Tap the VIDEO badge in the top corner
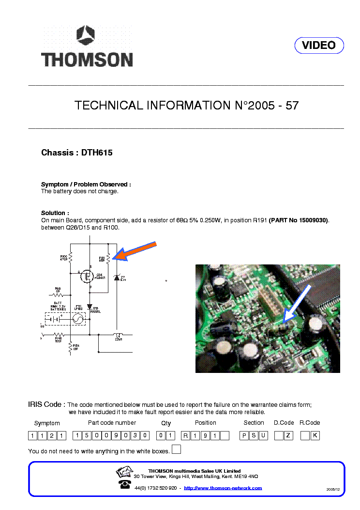point(319,46)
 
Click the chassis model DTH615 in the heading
point(97,153)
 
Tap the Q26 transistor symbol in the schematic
point(88,277)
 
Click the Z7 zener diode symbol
point(116,278)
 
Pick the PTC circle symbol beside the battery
point(78,319)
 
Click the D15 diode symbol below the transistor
point(90,307)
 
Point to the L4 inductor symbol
point(118,335)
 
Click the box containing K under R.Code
point(315,435)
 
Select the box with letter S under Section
point(254,435)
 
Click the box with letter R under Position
point(185,435)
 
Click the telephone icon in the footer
point(124,485)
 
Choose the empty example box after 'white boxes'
point(177,449)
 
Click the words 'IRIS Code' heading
point(46,404)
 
